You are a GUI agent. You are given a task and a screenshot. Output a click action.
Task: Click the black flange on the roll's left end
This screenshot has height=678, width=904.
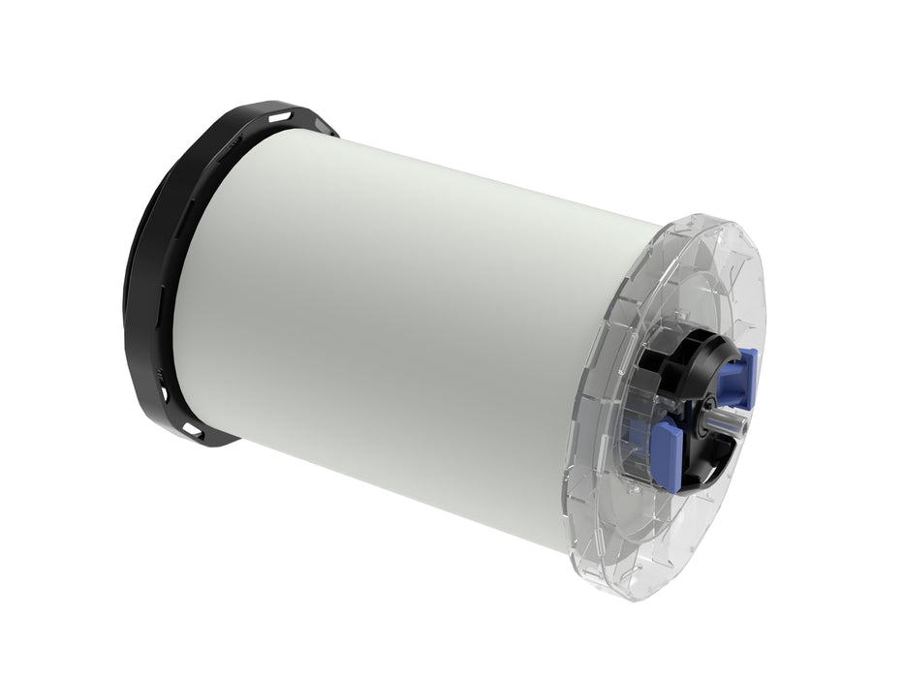click(x=155, y=271)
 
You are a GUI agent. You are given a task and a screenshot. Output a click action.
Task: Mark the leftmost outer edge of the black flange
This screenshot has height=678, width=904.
click(x=125, y=291)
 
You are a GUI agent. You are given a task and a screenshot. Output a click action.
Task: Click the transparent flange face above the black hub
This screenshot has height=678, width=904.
click(x=698, y=281)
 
